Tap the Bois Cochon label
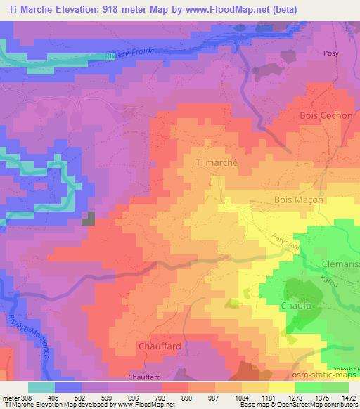click(326, 115)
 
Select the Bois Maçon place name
click(298, 200)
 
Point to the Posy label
click(331, 53)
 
